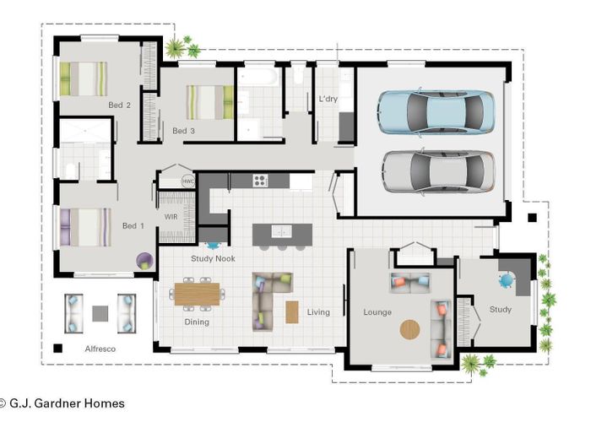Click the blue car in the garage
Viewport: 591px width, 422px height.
pos(436,112)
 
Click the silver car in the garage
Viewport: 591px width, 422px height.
pos(438,172)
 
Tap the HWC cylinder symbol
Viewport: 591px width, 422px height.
pos(188,181)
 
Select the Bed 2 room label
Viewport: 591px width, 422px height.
pos(120,105)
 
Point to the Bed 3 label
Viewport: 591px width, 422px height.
pos(183,131)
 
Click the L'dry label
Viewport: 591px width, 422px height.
pos(328,99)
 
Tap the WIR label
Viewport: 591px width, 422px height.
pos(171,217)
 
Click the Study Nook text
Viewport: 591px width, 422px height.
pos(213,258)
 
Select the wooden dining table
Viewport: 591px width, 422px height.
pos(197,295)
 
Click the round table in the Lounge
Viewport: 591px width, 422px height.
pos(409,330)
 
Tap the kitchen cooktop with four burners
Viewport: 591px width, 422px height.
pos(260,181)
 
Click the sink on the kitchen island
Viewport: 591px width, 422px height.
pos(281,231)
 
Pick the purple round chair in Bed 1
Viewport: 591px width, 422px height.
pos(144,261)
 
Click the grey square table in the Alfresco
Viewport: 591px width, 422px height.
pos(100,313)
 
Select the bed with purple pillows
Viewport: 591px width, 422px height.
pos(85,227)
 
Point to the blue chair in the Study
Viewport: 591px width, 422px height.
pos(507,280)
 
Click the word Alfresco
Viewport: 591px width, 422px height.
pos(100,349)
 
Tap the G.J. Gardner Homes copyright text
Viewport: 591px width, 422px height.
pos(62,403)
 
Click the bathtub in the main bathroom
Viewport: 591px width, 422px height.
pos(259,77)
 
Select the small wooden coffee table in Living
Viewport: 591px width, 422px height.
pos(292,312)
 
